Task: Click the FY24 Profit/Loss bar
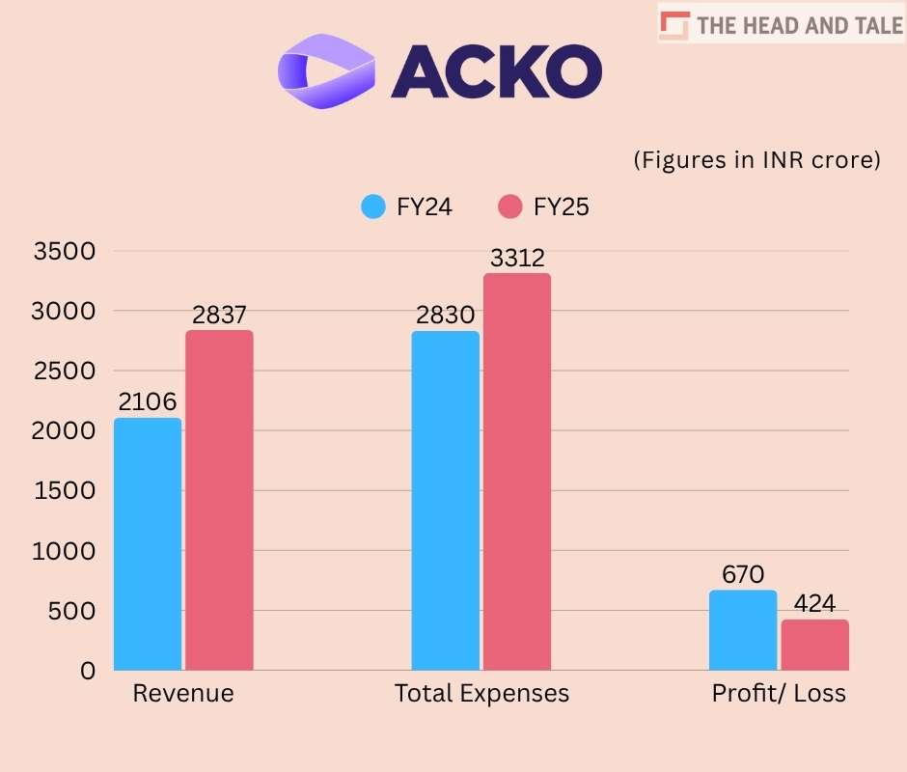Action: [x=742, y=629]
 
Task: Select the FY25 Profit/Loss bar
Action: [x=814, y=645]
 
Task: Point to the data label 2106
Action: [x=149, y=402]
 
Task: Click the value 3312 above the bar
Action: [x=517, y=259]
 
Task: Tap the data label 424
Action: [x=814, y=605]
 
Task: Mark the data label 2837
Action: [x=219, y=316]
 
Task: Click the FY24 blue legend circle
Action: [x=373, y=207]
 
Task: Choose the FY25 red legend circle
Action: [x=510, y=207]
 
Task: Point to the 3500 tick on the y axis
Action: [x=65, y=252]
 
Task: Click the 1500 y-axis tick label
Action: [x=65, y=491]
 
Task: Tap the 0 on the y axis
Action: [x=88, y=671]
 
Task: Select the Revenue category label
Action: [x=183, y=694]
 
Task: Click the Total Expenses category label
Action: [x=481, y=694]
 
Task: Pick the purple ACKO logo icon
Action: [x=325, y=69]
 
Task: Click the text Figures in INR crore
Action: [x=756, y=160]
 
